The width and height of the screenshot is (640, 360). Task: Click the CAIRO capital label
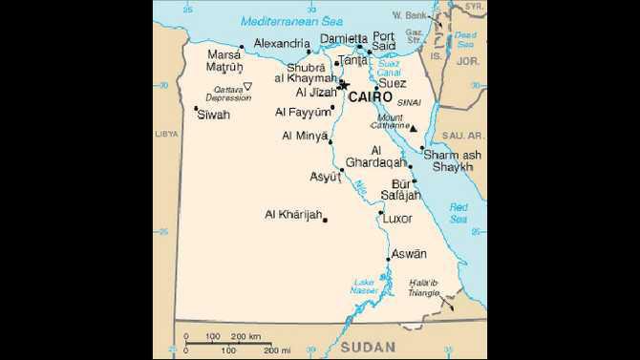coord(370,96)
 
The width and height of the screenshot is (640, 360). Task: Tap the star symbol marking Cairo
coord(345,86)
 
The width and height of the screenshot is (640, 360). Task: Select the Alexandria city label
coord(282,43)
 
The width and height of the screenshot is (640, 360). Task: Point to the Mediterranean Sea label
coord(278,20)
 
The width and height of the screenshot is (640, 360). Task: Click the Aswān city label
coord(409,253)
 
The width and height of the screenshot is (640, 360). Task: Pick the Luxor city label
coord(397,219)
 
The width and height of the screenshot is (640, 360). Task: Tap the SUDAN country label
coord(367,345)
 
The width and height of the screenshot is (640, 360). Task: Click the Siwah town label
coord(213,115)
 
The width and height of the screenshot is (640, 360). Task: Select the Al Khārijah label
coord(293,214)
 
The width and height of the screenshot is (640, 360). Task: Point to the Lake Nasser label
coord(365,286)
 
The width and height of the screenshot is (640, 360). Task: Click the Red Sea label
coord(459,213)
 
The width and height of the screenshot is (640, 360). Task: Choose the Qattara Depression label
coord(228,94)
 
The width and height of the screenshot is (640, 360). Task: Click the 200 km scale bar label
coord(246,336)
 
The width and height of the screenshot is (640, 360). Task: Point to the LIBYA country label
coord(166,135)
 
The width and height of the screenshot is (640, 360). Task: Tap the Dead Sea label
coord(465,39)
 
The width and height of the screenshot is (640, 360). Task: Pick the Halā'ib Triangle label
coord(422,287)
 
